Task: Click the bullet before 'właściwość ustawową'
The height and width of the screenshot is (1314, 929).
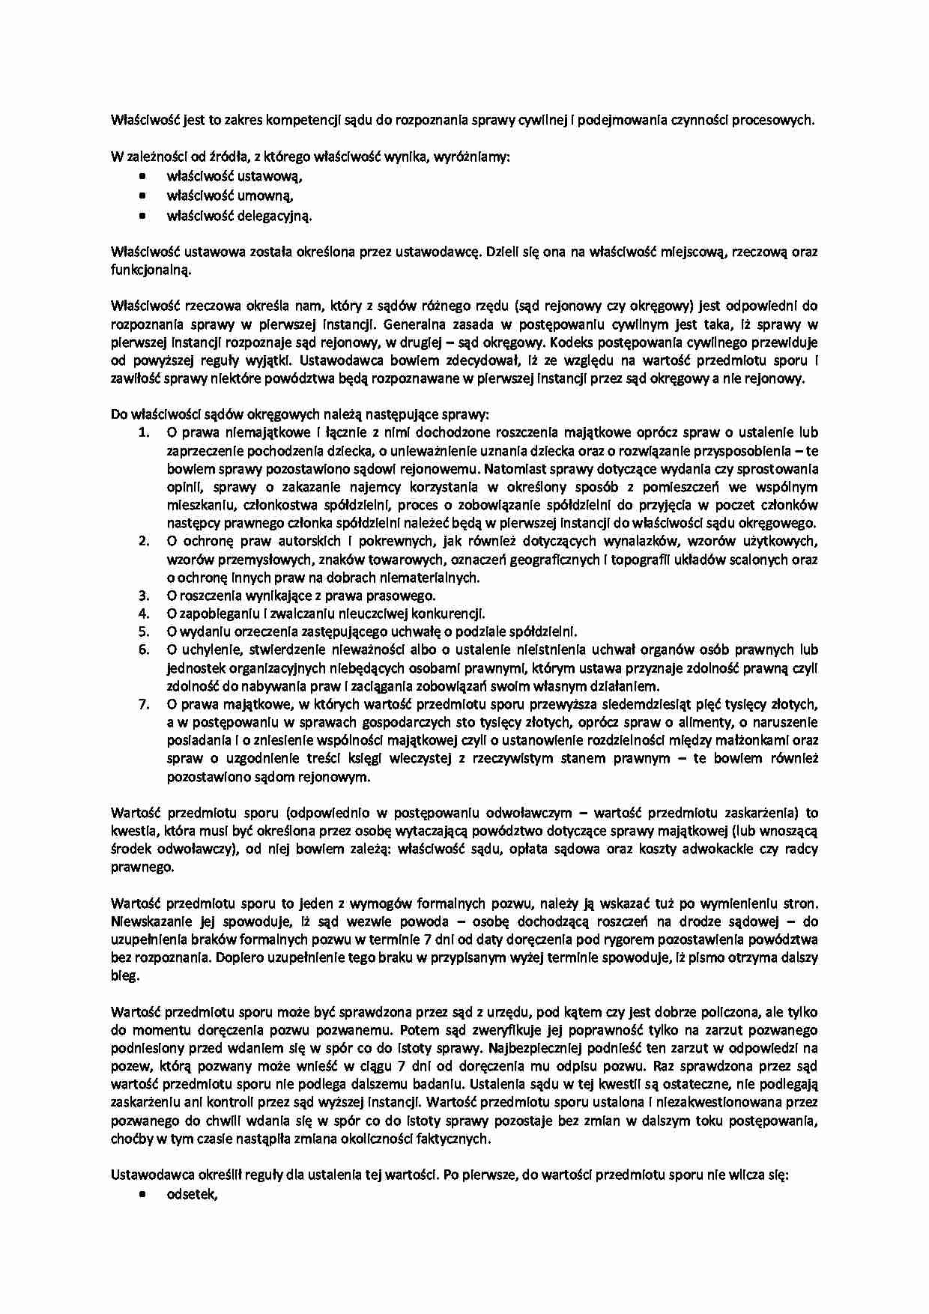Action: point(142,177)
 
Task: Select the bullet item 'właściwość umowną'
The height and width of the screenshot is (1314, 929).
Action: point(229,196)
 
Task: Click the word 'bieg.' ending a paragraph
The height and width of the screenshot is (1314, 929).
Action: point(125,975)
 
